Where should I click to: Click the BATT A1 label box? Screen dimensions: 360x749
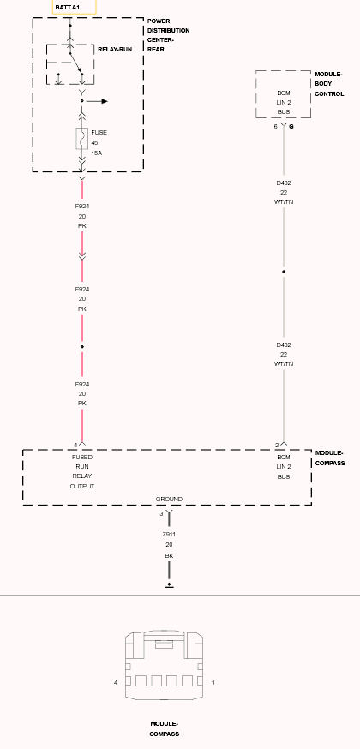[x=74, y=7]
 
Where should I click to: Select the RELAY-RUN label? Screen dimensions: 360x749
[x=115, y=49]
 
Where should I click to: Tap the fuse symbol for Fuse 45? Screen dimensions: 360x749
[x=81, y=139]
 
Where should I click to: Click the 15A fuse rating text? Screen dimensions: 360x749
[x=97, y=153]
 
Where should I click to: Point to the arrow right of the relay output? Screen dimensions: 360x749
[x=97, y=101]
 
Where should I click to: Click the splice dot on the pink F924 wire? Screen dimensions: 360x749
[x=82, y=346]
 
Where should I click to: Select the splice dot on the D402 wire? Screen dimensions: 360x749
[x=284, y=272]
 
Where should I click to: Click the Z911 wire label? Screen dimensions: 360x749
[x=169, y=535]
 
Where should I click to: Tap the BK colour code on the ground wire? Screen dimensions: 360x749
[x=169, y=555]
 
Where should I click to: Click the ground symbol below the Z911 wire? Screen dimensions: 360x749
[x=169, y=585]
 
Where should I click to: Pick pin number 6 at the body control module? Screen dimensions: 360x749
[x=275, y=127]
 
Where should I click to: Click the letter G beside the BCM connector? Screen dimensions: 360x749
[x=291, y=127]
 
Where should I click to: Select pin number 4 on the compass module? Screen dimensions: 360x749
[x=75, y=445]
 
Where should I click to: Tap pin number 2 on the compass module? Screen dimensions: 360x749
[x=277, y=445]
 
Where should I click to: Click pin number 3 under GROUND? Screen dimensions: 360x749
[x=161, y=513]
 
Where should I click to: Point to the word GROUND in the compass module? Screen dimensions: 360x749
[x=169, y=499]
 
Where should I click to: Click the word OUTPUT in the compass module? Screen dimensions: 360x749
[x=82, y=486]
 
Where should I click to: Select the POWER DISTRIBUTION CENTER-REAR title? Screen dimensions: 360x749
[x=169, y=35]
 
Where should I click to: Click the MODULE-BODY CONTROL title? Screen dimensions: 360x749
[x=329, y=84]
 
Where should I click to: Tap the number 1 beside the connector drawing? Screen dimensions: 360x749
[x=213, y=683]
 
